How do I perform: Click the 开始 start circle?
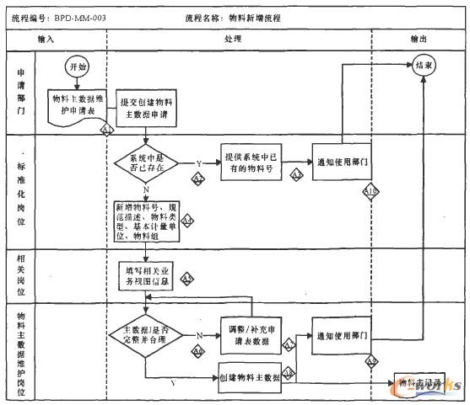[75, 66]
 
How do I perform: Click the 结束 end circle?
[424, 64]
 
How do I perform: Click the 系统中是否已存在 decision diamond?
[146, 163]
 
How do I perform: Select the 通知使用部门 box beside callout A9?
[342, 335]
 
